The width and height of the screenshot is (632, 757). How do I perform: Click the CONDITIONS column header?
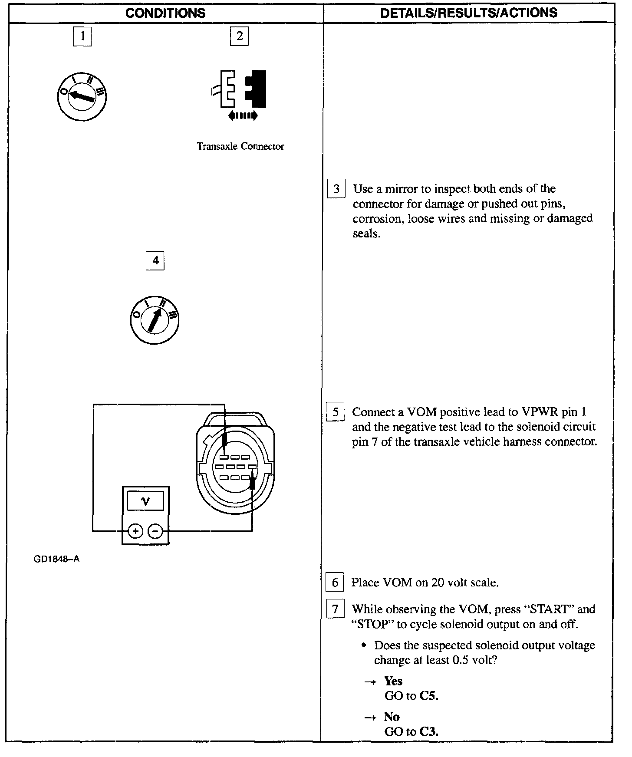165,13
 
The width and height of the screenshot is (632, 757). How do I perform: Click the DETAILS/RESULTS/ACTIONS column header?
468,13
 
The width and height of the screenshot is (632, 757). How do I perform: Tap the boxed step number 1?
82,36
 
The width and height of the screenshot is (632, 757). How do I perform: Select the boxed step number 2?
239,36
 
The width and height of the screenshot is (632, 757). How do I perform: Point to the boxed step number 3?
336,189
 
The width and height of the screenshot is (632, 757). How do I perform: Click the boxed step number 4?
155,261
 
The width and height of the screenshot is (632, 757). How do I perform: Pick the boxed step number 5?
335,412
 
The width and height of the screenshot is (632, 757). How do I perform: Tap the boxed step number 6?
335,583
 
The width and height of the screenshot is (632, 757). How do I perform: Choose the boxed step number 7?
335,609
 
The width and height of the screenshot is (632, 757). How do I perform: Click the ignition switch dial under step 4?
155,320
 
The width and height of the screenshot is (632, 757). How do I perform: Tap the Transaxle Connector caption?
240,146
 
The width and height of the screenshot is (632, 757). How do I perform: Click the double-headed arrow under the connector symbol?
243,115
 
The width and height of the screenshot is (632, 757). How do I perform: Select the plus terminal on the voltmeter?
136,531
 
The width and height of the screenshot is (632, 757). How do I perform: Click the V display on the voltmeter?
145,501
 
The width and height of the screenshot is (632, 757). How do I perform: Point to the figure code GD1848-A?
56,560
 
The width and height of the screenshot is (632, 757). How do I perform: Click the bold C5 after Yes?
429,696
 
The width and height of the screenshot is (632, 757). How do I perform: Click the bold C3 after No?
429,731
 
